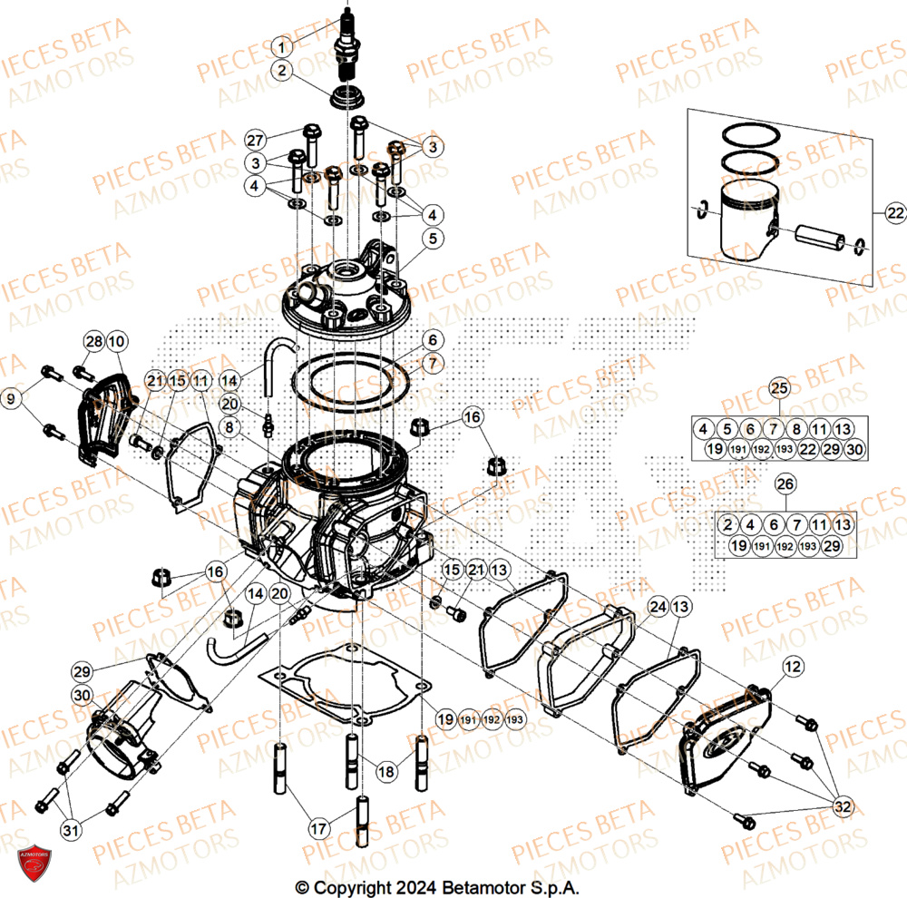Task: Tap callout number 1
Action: click(x=283, y=46)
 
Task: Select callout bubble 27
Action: click(x=257, y=140)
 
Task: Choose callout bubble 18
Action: click(x=386, y=771)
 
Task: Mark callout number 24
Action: click(x=657, y=606)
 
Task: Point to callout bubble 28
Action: click(x=94, y=342)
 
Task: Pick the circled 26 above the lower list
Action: click(x=785, y=485)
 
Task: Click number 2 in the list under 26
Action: click(x=727, y=524)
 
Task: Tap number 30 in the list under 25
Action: click(x=855, y=449)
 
